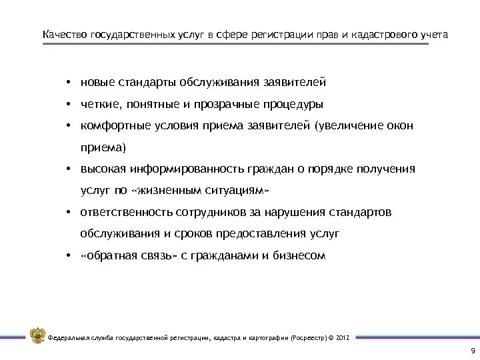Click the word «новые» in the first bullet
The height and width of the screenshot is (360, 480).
coord(97,84)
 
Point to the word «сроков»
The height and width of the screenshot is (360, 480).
coord(208,233)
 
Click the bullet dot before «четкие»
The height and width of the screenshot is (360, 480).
coord(69,105)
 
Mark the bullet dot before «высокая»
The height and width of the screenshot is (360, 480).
coord(69,169)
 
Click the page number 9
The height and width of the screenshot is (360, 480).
coord(473,351)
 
